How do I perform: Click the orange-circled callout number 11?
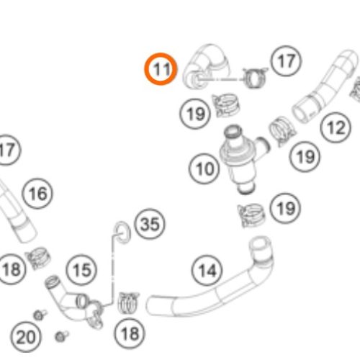161,69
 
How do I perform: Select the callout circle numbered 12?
336,127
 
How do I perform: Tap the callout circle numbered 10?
204,168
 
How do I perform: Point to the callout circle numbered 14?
207,270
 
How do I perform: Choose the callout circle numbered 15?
81,270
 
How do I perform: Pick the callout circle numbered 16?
37,194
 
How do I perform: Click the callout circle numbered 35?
150,224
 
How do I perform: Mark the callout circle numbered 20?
25,337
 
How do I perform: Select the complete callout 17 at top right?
286,60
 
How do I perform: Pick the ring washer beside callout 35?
122,233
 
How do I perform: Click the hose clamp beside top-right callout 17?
254,77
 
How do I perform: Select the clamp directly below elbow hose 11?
225,105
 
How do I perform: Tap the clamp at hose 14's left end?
128,303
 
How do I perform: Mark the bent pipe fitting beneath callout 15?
74,301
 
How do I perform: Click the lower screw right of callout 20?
60,336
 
